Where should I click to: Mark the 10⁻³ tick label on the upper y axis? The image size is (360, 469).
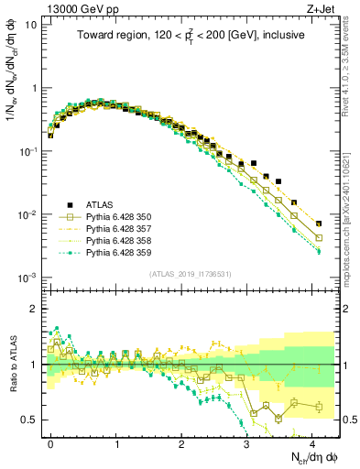tap(29, 278)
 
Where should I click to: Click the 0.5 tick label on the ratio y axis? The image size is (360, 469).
tap(29, 420)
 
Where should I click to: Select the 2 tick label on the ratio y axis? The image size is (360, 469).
tap(35, 309)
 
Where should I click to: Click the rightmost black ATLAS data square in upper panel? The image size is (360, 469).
tap(318, 224)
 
